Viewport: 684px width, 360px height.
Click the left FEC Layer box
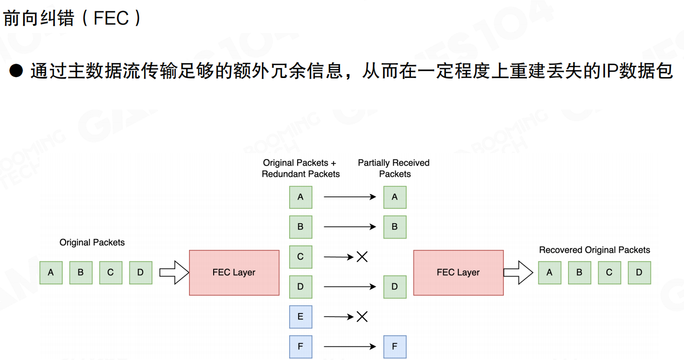(234, 273)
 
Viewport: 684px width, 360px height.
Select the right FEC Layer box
(458, 273)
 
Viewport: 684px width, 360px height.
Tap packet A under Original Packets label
(51, 273)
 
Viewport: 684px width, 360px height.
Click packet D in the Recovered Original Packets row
(639, 273)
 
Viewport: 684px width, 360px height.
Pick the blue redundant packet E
(301, 317)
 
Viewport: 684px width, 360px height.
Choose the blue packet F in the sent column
(301, 347)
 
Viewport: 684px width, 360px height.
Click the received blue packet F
(395, 347)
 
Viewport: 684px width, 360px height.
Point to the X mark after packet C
(362, 257)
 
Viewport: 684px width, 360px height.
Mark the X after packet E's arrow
(362, 317)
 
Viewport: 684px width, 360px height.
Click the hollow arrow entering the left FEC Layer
(174, 273)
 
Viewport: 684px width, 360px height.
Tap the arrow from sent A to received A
(349, 197)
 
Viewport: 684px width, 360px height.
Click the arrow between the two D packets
(349, 287)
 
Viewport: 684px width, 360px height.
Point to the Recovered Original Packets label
(594, 250)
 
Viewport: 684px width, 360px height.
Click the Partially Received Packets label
(394, 168)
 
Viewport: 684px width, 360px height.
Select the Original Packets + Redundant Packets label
(301, 168)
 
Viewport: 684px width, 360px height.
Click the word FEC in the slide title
(111, 18)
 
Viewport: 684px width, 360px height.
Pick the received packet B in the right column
(395, 227)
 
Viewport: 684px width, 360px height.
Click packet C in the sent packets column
(301, 257)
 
